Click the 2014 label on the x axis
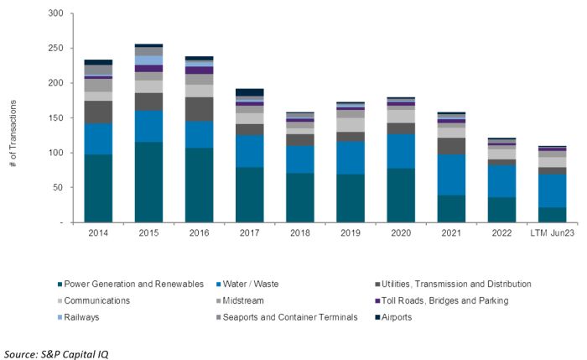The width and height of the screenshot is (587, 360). click(x=98, y=232)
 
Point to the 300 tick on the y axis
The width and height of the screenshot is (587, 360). click(x=56, y=14)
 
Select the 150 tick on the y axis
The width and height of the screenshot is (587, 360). click(x=56, y=118)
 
